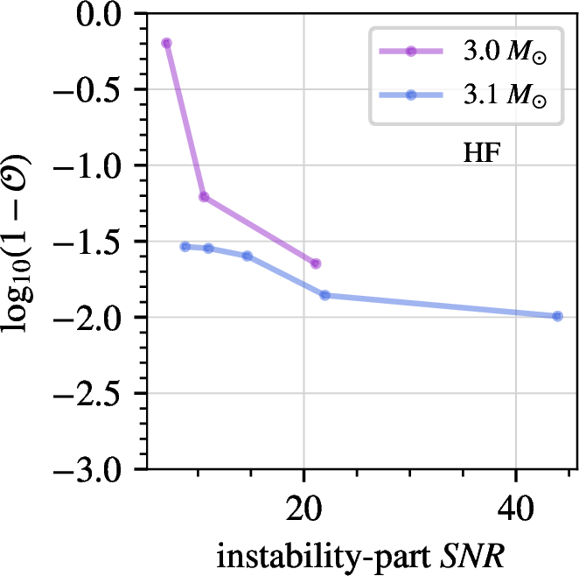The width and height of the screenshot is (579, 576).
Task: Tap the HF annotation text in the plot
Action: point(480,155)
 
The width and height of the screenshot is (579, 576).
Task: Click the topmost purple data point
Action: point(166,43)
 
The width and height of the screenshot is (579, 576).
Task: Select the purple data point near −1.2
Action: point(204,196)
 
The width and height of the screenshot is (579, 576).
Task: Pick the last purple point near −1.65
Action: point(316,263)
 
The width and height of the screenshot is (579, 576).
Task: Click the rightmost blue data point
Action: point(557,316)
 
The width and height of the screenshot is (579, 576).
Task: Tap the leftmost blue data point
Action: point(185,246)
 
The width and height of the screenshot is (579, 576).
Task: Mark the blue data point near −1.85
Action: point(324,295)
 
